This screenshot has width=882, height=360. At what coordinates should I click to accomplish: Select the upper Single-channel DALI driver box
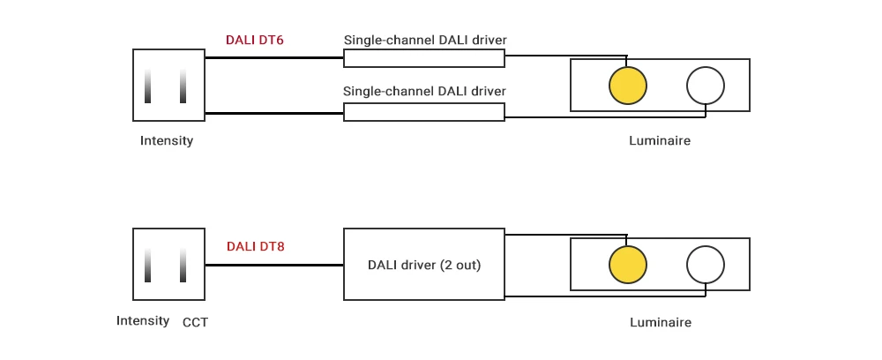[x=424, y=58]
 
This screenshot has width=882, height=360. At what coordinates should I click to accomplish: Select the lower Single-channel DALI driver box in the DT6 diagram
[x=424, y=112]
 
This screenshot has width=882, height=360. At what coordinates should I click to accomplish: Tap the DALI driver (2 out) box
[x=424, y=265]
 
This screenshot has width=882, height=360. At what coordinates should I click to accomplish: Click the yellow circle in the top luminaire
[x=628, y=85]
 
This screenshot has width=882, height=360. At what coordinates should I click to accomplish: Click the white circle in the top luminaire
[x=706, y=85]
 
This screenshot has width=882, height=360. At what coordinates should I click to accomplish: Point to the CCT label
[x=195, y=322]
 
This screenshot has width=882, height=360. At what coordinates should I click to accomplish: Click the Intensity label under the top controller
[x=167, y=140]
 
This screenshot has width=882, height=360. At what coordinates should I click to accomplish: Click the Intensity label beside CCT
[x=143, y=320]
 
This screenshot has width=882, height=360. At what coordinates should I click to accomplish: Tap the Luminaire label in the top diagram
[x=660, y=140]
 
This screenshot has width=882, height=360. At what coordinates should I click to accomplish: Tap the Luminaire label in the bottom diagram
[x=660, y=322]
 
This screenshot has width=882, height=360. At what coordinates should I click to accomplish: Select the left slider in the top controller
[x=149, y=86]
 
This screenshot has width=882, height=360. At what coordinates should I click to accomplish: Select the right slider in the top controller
[x=183, y=86]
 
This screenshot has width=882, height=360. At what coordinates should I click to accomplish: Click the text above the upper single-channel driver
[x=424, y=40]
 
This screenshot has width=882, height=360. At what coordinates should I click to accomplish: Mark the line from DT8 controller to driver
[x=273, y=265]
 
